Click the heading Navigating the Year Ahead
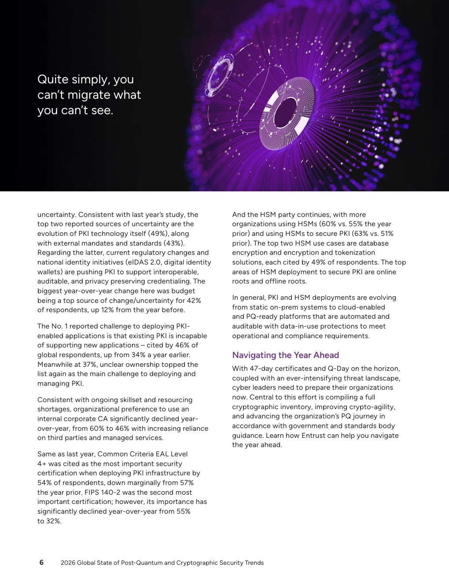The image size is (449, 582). (x=285, y=355)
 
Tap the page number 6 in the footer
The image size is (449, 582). (x=41, y=563)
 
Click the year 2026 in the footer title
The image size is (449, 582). (x=68, y=563)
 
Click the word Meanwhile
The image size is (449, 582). (x=56, y=365)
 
